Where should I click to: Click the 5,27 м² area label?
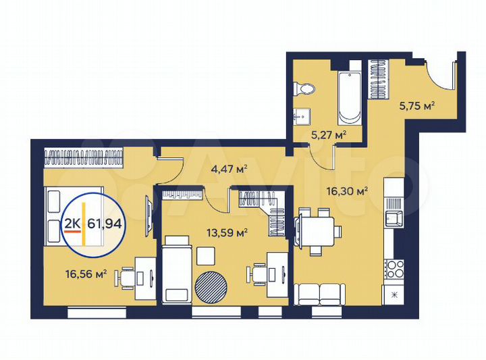[328, 134]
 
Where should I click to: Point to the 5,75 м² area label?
[416, 105]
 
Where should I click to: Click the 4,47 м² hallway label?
[226, 170]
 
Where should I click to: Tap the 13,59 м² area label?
[227, 233]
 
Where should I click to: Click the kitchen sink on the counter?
[393, 218]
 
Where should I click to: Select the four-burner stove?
[394, 268]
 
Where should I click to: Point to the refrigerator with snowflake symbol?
[394, 296]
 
